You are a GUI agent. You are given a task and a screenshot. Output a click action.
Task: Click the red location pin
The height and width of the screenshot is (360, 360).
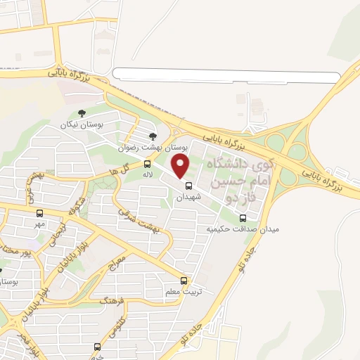click(x=182, y=166)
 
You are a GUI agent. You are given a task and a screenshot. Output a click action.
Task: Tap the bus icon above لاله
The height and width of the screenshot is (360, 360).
click(x=147, y=163)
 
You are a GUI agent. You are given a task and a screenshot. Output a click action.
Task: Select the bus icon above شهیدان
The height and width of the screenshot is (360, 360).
click(x=188, y=186)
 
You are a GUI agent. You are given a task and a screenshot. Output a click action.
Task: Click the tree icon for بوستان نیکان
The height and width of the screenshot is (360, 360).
click(x=82, y=112)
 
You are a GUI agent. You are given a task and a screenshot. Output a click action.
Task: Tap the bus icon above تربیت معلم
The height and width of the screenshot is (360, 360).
click(x=184, y=281)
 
